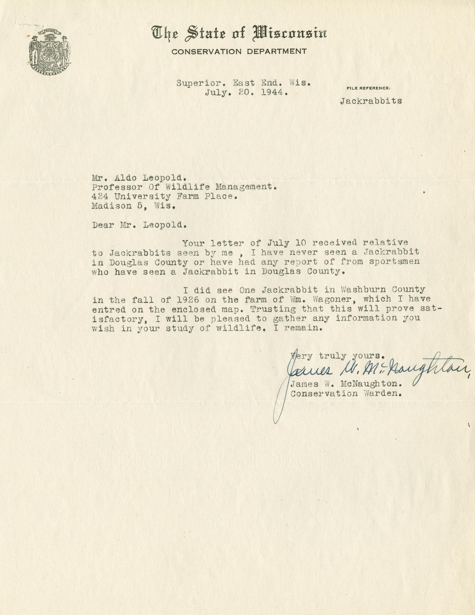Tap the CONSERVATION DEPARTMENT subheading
(239, 51)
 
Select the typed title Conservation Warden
(346, 393)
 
